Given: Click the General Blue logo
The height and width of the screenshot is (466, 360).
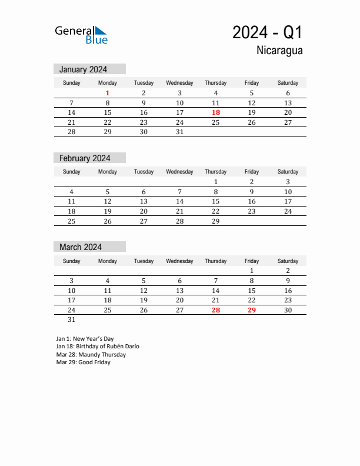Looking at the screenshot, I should [x=81, y=35].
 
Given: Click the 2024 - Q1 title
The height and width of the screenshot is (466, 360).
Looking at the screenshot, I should [x=267, y=32].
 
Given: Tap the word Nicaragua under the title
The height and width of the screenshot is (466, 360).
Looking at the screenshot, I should [x=279, y=51].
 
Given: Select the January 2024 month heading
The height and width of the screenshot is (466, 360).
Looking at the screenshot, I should [x=83, y=69].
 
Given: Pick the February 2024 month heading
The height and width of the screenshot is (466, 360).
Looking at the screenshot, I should [x=85, y=158].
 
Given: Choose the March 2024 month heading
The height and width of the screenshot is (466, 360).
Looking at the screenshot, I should [x=81, y=247].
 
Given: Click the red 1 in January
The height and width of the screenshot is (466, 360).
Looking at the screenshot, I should [x=108, y=93].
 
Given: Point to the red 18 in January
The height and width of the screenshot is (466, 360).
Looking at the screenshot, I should [x=216, y=112].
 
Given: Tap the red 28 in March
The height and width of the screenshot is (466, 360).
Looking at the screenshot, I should [x=216, y=310].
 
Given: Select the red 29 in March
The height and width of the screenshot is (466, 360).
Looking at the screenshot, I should [x=252, y=310].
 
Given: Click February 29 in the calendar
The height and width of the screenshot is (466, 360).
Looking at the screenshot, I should [x=216, y=221].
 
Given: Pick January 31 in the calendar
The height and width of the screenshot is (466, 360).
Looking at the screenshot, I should [x=179, y=132].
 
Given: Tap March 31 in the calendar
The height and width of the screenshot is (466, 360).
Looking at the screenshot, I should [x=72, y=319].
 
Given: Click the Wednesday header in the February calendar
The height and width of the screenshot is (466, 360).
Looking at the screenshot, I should [x=179, y=172].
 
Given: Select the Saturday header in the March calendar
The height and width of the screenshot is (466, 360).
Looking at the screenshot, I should [x=288, y=261].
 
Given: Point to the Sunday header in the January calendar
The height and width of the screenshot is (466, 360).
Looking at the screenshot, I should [x=72, y=83].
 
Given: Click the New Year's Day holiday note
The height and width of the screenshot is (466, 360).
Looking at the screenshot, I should [x=85, y=339].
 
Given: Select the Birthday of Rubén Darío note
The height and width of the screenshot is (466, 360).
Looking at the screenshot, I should [x=98, y=347].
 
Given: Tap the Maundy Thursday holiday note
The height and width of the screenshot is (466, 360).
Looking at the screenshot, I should [x=91, y=355].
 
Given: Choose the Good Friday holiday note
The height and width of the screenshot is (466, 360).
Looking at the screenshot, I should [x=83, y=362].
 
